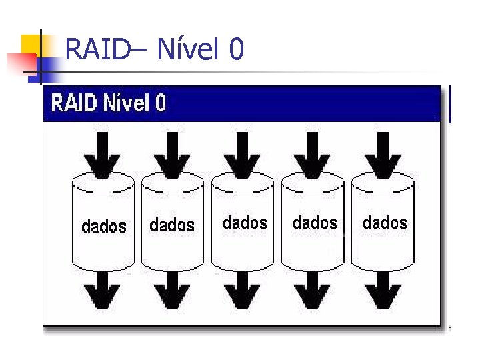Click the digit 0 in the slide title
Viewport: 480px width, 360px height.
tap(236, 49)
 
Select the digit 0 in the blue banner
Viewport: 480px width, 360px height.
tap(160, 103)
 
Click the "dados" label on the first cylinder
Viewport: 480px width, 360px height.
tap(103, 226)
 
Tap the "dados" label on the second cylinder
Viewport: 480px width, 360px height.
tap(172, 225)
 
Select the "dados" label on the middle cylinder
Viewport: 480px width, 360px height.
tap(245, 222)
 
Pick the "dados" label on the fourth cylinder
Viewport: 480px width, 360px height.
tap(315, 222)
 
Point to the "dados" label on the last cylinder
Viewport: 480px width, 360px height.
tap(385, 222)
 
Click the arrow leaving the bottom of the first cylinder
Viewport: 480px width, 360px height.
tap(103, 290)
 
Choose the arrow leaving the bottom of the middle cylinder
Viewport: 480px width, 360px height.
tap(243, 290)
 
